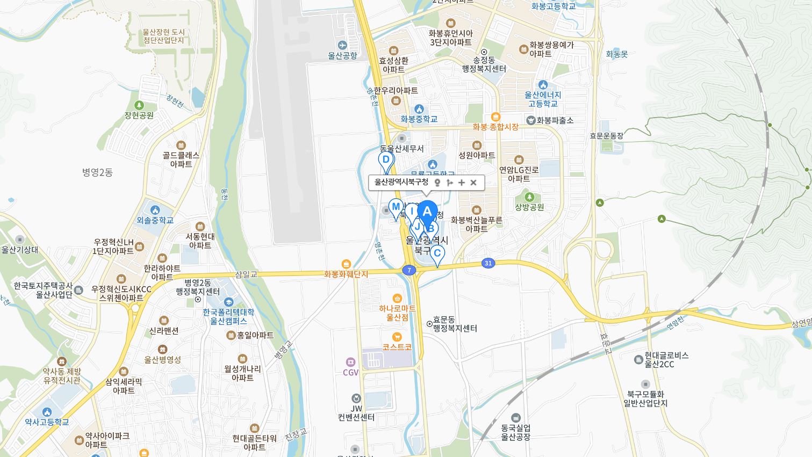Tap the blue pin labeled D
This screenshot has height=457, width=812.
[386, 159]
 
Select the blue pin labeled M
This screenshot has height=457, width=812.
[396, 207]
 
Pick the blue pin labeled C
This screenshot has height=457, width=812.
[437, 253]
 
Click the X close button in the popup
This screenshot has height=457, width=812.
[473, 183]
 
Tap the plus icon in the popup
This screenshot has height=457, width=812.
[462, 183]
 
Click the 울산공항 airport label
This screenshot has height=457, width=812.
[343, 55]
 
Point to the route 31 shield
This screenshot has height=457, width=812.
[488, 263]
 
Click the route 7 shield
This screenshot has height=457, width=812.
[409, 270]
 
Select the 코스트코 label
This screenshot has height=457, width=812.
[397, 347]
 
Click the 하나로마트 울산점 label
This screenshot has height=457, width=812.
[397, 313]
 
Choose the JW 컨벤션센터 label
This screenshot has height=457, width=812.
[356, 412]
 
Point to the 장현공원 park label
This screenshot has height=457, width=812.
[139, 115]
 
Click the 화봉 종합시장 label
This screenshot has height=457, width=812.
[495, 127]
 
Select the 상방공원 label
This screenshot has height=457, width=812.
[529, 207]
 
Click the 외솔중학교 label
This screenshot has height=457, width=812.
[155, 220]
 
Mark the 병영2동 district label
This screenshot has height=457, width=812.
[97, 172]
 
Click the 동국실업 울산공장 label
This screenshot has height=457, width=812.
[516, 432]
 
